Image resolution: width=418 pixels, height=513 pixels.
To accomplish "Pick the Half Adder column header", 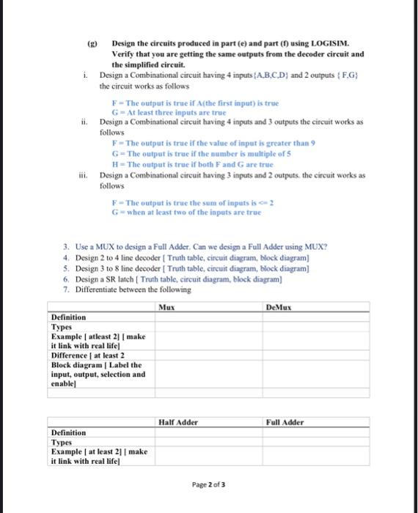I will (x=177, y=422).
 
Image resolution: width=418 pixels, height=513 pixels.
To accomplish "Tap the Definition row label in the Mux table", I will (x=68, y=317).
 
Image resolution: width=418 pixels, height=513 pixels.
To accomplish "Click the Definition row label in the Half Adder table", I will (x=68, y=432).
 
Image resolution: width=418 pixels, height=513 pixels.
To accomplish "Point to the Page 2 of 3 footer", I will (x=209, y=485).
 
